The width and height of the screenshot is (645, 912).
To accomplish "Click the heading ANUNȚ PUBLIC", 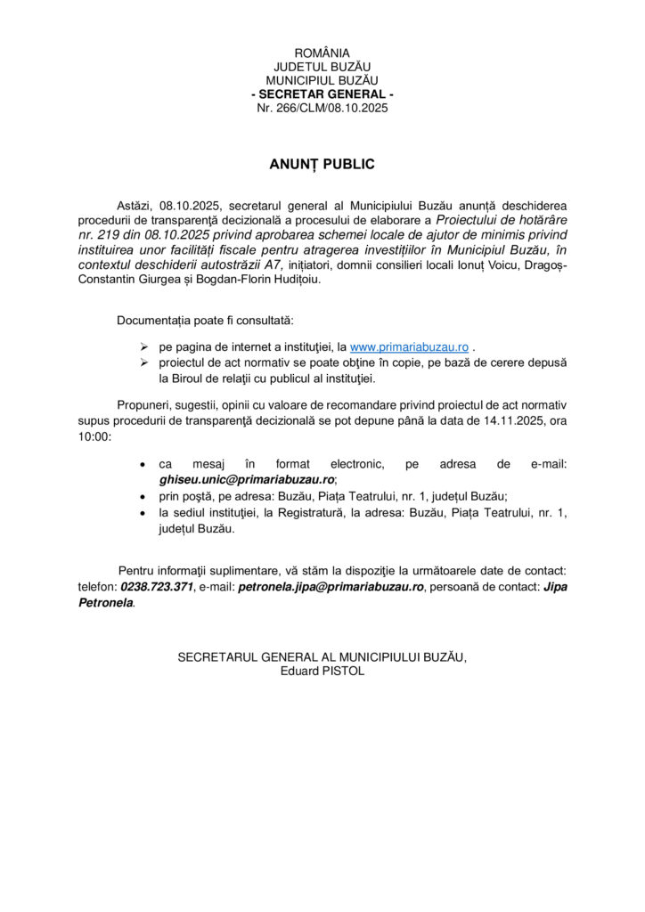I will pyautogui.click(x=322, y=164).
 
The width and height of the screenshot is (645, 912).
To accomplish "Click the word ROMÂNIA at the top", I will pyautogui.click(x=322, y=53).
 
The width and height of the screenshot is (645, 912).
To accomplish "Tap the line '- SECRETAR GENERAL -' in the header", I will pyautogui.click(x=322, y=94).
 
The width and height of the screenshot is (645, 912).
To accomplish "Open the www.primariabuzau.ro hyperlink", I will pyautogui.click(x=410, y=346).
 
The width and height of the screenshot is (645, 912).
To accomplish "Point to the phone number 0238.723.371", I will pyautogui.click(x=157, y=586).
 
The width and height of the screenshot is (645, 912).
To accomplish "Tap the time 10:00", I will pyautogui.click(x=94, y=436).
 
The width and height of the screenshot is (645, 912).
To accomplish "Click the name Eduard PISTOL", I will pyautogui.click(x=322, y=671).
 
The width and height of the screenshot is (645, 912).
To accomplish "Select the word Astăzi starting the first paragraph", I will pyautogui.click(x=135, y=205).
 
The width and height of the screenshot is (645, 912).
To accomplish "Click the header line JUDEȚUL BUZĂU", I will pyautogui.click(x=322, y=67).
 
